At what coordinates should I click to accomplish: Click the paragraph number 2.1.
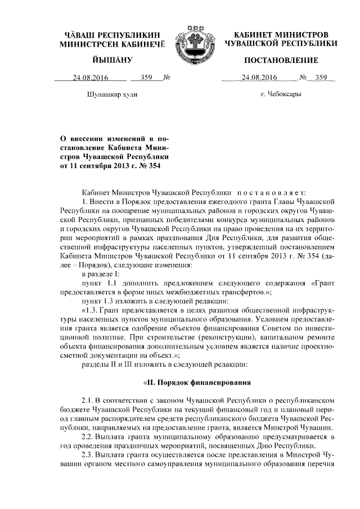tap(87, 404)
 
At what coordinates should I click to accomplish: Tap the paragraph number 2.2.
tap(87, 437)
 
